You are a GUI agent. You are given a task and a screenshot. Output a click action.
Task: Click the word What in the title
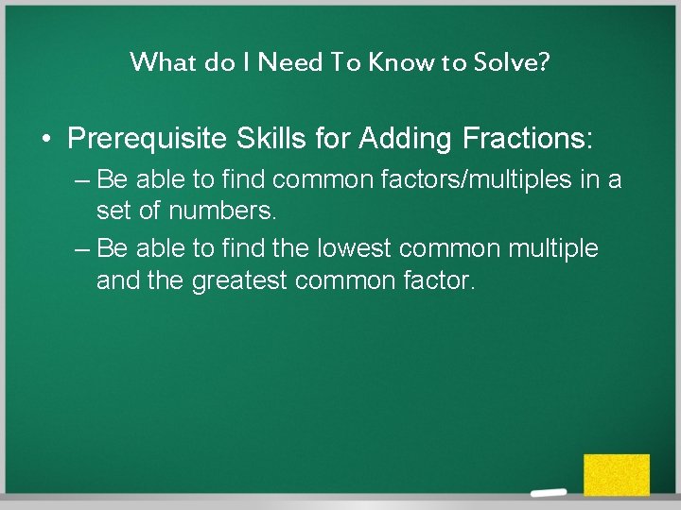click(x=157, y=62)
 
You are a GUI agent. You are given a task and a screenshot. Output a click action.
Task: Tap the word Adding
click(x=407, y=140)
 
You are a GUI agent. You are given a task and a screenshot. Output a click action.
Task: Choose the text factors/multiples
click(x=474, y=179)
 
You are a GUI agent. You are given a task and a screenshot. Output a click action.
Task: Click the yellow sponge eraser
click(x=616, y=474)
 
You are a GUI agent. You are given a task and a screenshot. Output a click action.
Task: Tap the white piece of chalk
click(x=548, y=494)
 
